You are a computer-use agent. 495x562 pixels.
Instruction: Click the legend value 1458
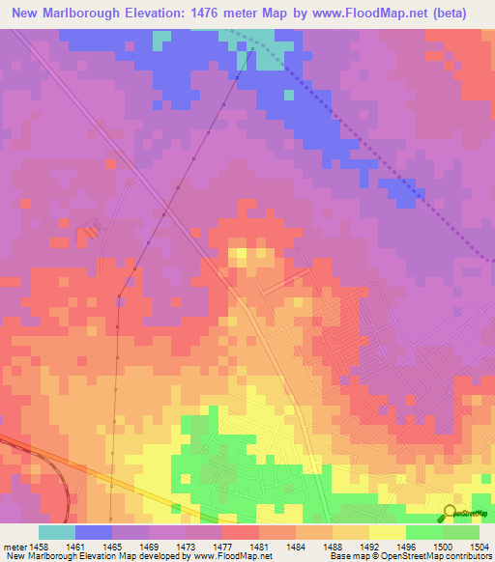tap(44, 547)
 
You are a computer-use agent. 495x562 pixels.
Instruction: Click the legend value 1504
tap(478, 547)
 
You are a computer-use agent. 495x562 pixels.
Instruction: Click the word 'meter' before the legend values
tap(16, 547)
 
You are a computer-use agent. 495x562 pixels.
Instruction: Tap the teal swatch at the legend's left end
tap(57, 532)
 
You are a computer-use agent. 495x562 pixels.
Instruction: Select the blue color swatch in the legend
tap(94, 532)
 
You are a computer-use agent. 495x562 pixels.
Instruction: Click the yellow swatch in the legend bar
tap(387, 532)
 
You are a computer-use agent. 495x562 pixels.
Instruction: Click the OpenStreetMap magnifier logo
tap(451, 513)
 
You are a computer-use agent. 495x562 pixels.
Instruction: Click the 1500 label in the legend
tap(440, 547)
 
